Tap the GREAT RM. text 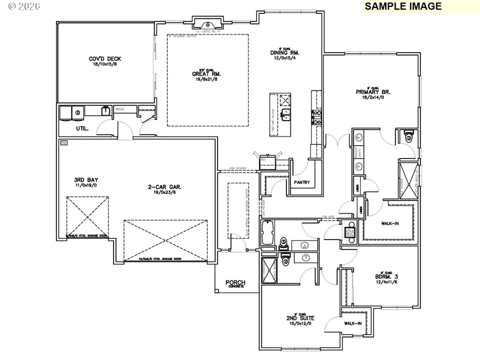click(206, 74)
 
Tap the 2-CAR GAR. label click(163, 187)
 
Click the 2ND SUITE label click(298, 317)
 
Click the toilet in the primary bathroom click(409, 137)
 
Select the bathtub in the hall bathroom click(268, 233)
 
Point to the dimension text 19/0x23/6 click(163, 193)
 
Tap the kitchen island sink click(286, 118)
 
